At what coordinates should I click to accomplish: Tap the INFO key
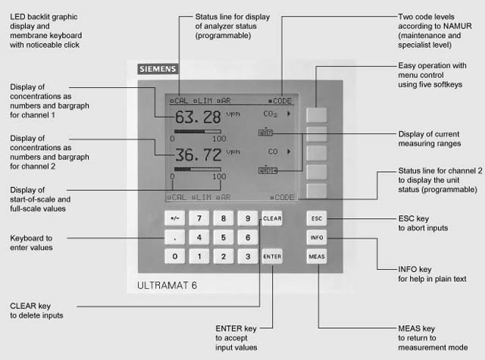point(317,237)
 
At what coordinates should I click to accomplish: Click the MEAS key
point(317,257)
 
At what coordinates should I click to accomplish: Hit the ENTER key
point(272,257)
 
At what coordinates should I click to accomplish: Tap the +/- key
point(175,218)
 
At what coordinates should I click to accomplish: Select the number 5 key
point(224,237)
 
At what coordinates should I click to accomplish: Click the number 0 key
point(175,257)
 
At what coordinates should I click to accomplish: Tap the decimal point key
point(175,237)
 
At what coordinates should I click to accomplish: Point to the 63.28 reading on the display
point(198,117)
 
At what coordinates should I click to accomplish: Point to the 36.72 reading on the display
point(198,155)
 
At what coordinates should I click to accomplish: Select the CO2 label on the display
point(270,114)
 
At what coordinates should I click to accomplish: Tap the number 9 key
point(248,218)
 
